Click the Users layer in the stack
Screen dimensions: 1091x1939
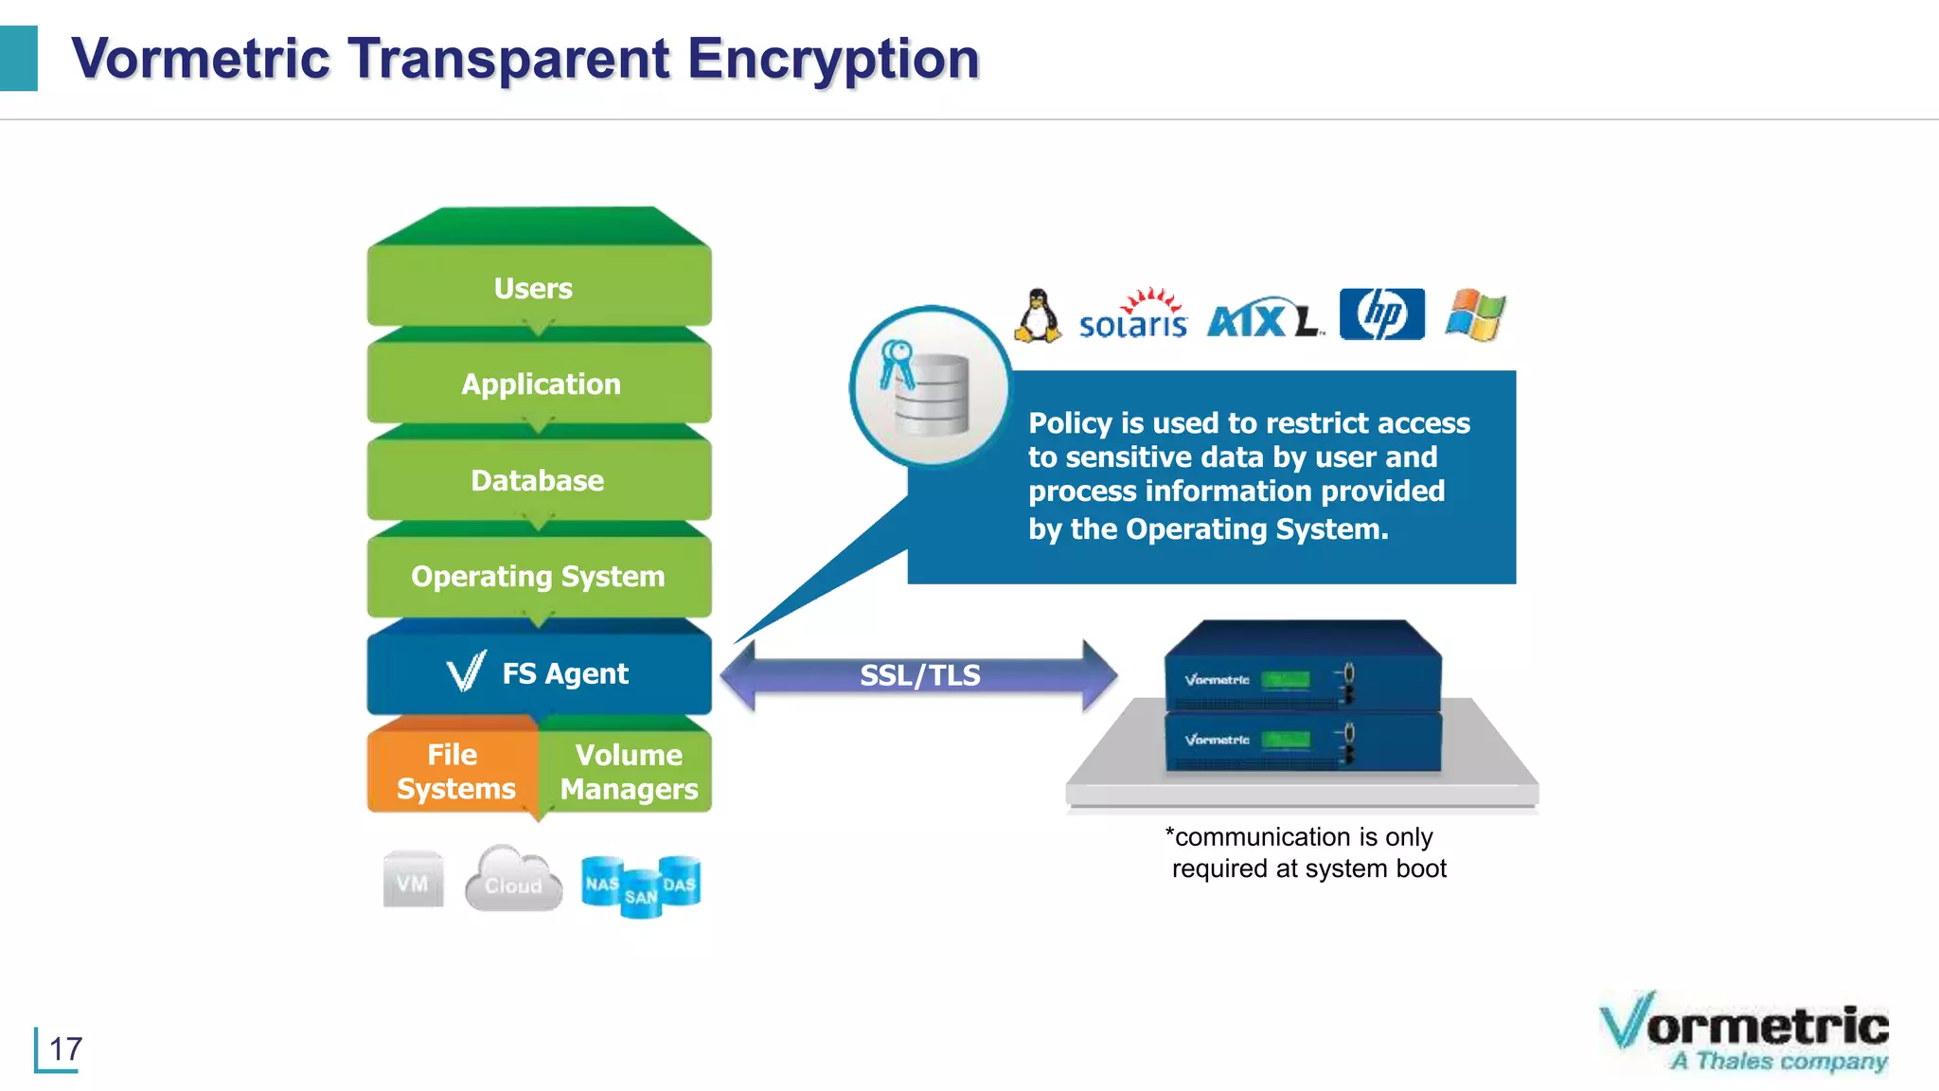538,287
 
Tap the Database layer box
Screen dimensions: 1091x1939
538,480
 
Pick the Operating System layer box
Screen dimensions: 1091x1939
538,576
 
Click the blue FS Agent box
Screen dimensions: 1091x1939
538,673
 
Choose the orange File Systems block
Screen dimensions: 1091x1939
454,771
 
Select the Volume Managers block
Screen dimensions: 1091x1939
628,771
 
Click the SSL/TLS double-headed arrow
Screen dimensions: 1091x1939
918,675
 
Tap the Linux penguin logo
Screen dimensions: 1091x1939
1039,315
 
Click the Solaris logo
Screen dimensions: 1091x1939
1133,315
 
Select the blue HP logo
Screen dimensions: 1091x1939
1381,314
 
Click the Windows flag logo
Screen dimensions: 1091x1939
1475,314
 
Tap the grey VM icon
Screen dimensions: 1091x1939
413,881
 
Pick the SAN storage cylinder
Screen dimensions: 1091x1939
641,895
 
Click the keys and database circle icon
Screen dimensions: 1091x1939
930,385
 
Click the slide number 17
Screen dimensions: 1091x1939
65,1049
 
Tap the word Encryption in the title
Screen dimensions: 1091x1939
833,59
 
